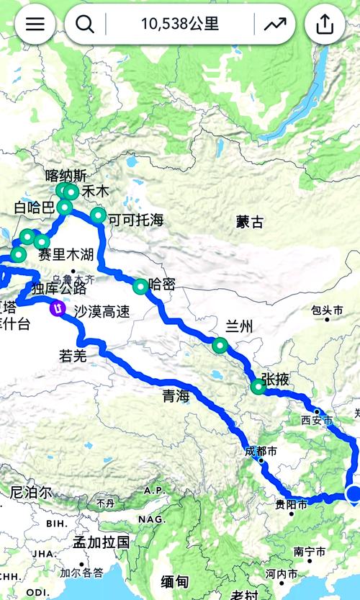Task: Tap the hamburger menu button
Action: (x=35, y=24)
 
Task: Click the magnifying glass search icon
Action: (x=85, y=24)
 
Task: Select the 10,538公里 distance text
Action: (x=180, y=24)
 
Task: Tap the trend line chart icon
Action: (x=274, y=24)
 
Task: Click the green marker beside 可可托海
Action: (x=98, y=215)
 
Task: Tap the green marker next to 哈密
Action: (x=140, y=286)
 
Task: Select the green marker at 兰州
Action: (x=220, y=345)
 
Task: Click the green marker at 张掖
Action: (x=258, y=387)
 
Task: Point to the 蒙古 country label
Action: (x=250, y=223)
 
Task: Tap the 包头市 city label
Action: (x=327, y=310)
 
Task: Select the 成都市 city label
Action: (x=261, y=452)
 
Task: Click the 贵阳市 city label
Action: (x=292, y=505)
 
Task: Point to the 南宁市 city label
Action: (x=310, y=552)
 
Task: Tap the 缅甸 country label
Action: (x=176, y=581)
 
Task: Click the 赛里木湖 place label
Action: (x=66, y=254)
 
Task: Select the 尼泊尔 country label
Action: (x=31, y=493)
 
